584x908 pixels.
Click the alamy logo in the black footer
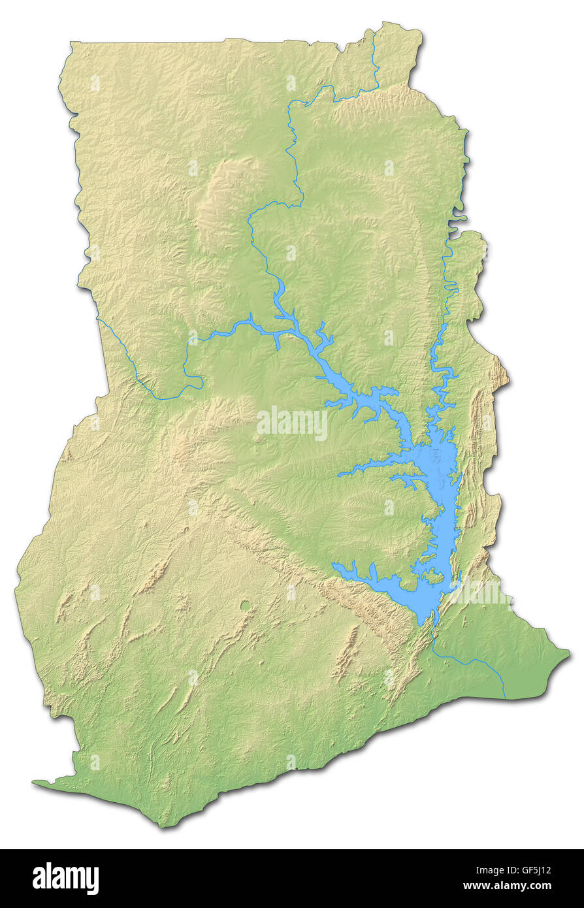pyautogui.click(x=65, y=879)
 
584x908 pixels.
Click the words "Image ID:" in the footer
pyautogui.click(x=481, y=870)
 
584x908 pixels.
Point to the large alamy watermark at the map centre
pyautogui.click(x=292, y=424)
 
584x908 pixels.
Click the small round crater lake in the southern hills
pyautogui.click(x=246, y=606)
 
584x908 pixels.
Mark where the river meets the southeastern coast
pyautogui.click(x=505, y=698)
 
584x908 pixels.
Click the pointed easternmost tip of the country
pyautogui.click(x=568, y=653)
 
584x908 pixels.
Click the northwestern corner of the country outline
pyautogui.click(x=71, y=44)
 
